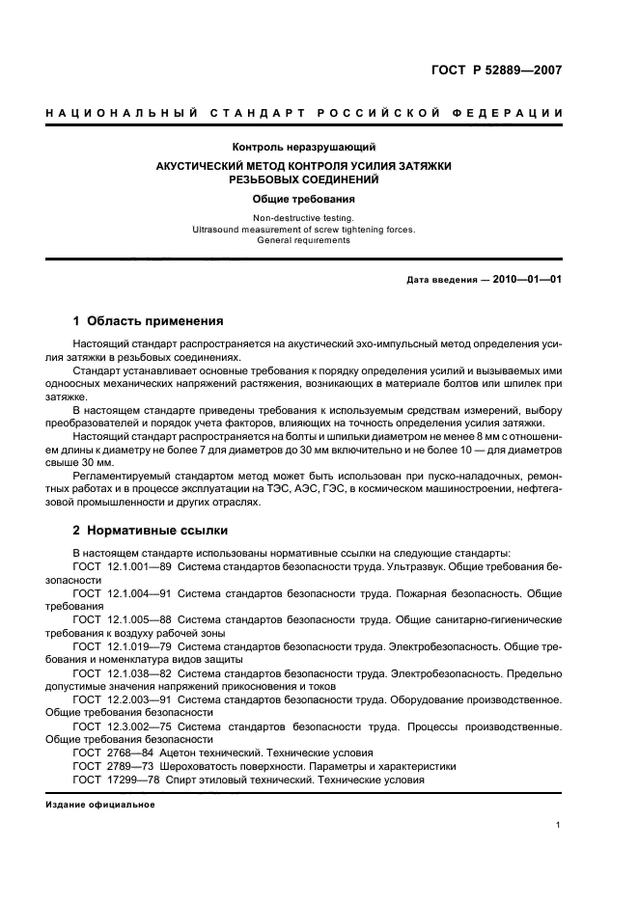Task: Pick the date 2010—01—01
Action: [529, 280]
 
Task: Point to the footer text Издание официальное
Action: [100, 805]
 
